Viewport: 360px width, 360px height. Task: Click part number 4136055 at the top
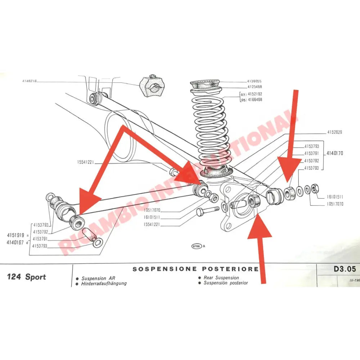[x=254, y=81]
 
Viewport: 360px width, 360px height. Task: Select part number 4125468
[x=254, y=87]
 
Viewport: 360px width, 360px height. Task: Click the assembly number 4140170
[x=335, y=153]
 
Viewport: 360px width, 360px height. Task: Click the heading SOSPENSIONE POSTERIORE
[x=195, y=269]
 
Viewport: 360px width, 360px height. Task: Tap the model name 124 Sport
[x=27, y=277]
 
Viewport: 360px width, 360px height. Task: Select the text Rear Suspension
[x=221, y=278]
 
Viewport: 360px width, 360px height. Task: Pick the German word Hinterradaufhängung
[x=104, y=283]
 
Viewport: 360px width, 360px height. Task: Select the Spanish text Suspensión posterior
[x=226, y=283]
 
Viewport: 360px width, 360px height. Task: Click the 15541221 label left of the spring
[x=85, y=163]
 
